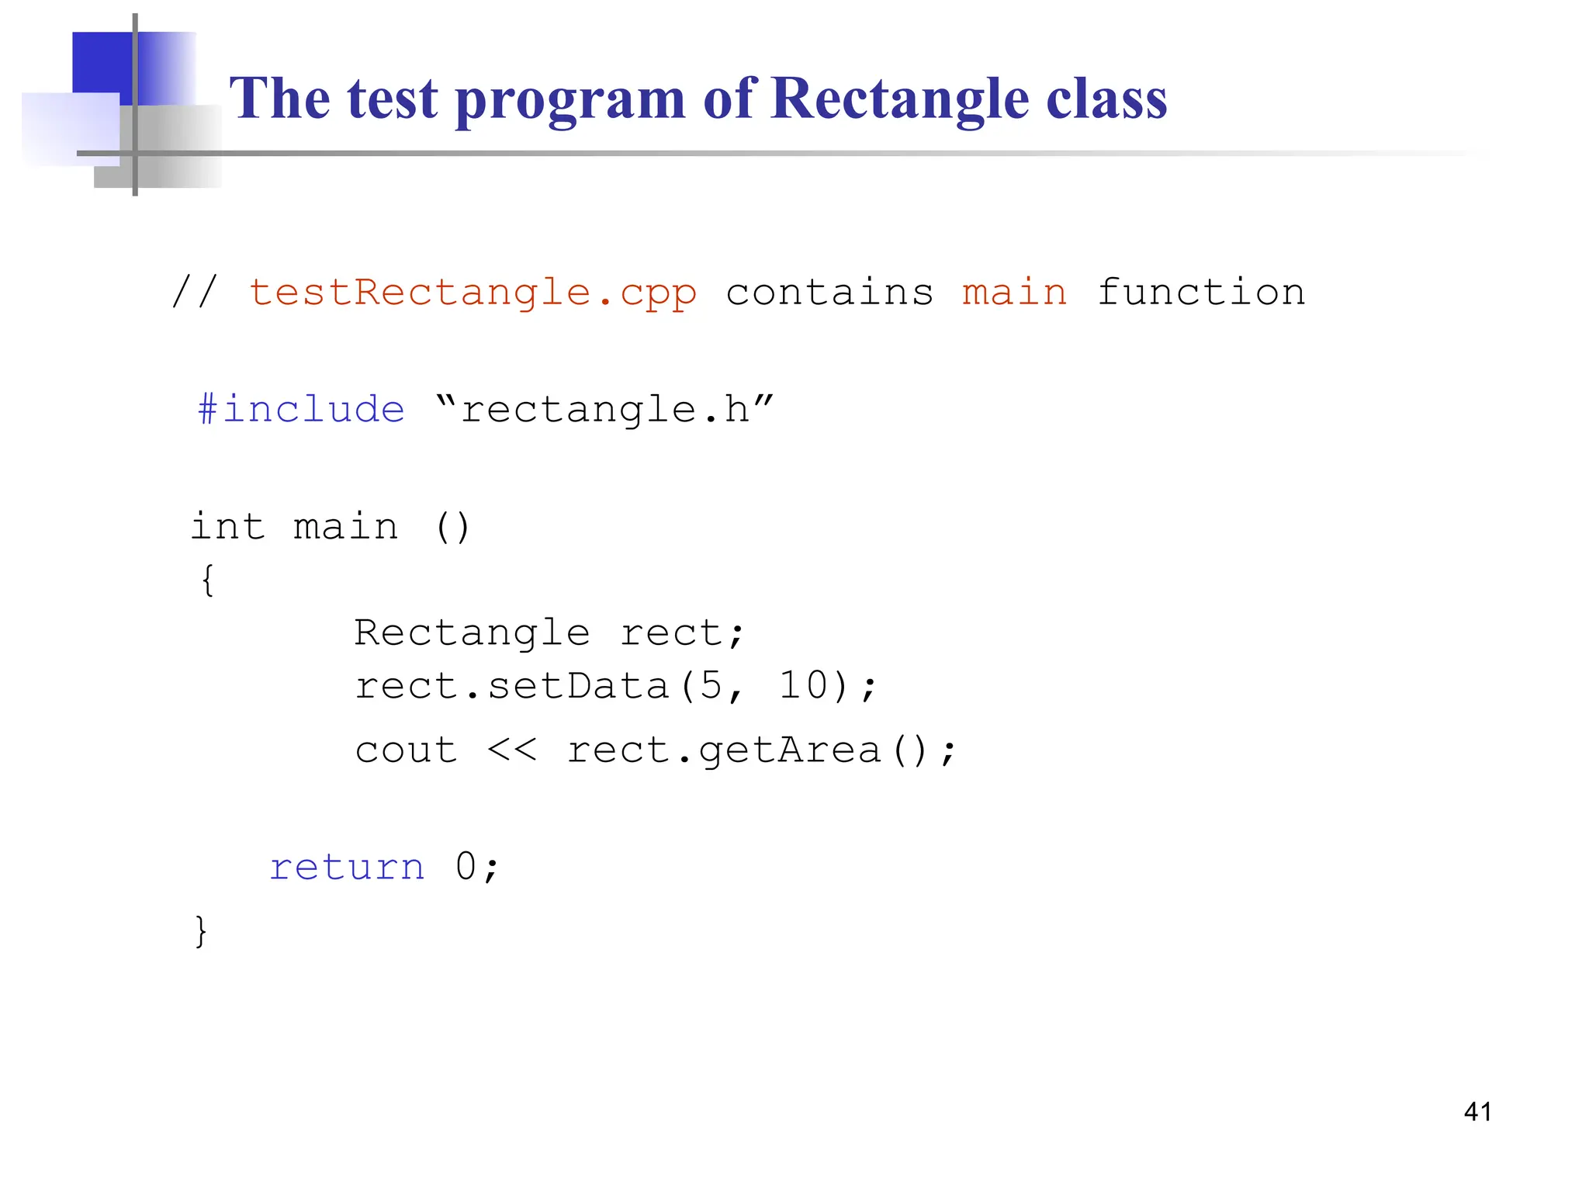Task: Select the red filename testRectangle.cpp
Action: pyautogui.click(x=473, y=293)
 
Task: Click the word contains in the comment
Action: pyautogui.click(x=829, y=293)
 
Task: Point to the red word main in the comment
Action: pyautogui.click(x=1014, y=293)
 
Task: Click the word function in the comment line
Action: pyautogui.click(x=1201, y=293)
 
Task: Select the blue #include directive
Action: pyautogui.click(x=301, y=409)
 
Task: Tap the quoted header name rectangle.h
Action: pyautogui.click(x=605, y=409)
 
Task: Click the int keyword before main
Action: pyautogui.click(x=227, y=527)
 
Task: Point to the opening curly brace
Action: pyautogui.click(x=207, y=580)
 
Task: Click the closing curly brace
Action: pyautogui.click(x=201, y=930)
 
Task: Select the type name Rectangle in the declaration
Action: pyautogui.click(x=472, y=632)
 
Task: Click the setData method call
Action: pyautogui.click(x=577, y=686)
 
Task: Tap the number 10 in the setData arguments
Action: pyautogui.click(x=804, y=686)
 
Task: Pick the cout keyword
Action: pyautogui.click(x=406, y=750)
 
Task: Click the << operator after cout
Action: pyautogui.click(x=512, y=750)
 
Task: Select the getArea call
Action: pyautogui.click(x=790, y=750)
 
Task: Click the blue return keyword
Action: pyautogui.click(x=347, y=867)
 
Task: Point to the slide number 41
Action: pyautogui.click(x=1477, y=1112)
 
